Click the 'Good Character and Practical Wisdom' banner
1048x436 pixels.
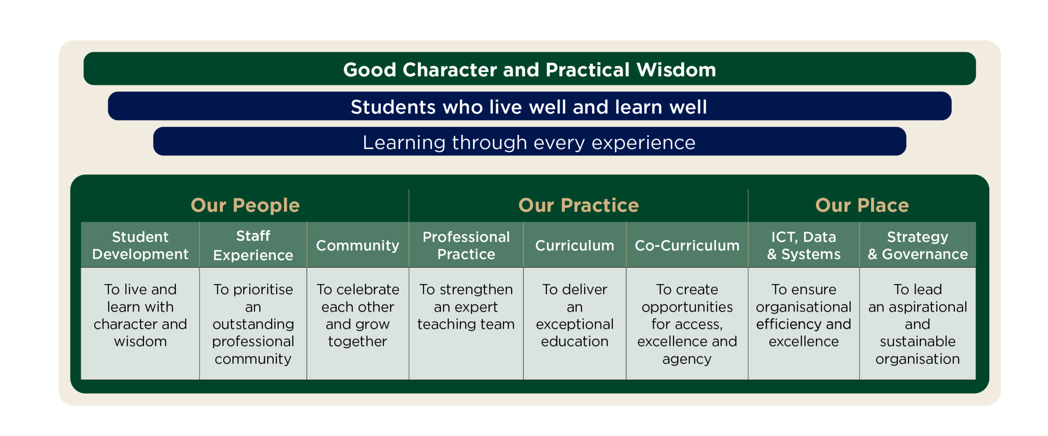(x=529, y=68)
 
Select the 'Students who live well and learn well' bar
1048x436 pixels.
(x=529, y=106)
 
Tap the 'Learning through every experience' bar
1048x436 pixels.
(x=529, y=141)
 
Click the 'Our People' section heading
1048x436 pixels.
(x=245, y=205)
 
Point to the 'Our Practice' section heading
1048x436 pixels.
(x=578, y=205)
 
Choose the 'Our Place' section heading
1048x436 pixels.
(x=862, y=205)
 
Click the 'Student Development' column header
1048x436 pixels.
(x=140, y=245)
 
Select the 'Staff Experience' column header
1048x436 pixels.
(x=253, y=245)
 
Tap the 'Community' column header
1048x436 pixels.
(x=358, y=245)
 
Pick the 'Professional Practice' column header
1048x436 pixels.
(x=466, y=245)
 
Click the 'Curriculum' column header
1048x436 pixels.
(x=575, y=245)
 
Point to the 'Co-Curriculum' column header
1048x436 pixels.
(x=687, y=245)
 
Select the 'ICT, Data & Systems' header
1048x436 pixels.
(x=804, y=245)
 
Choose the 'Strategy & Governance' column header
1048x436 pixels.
(x=917, y=245)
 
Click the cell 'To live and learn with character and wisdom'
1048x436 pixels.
(x=140, y=323)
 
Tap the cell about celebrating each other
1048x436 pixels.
(x=358, y=323)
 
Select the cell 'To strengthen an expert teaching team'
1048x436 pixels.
(x=466, y=323)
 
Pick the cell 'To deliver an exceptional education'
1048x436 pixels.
(x=575, y=323)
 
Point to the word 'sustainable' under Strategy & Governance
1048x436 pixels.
(x=917, y=341)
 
